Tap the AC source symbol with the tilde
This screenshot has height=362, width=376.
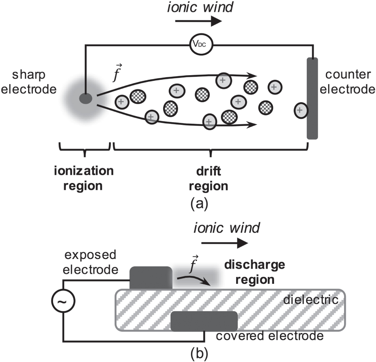[64, 301]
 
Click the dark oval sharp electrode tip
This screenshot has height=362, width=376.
[86, 98]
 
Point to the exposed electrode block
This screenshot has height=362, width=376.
[151, 278]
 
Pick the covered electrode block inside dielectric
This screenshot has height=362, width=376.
[204, 321]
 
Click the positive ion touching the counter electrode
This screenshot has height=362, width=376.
[300, 110]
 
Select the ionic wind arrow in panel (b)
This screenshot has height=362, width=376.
[225, 244]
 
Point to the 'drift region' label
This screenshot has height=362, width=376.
[211, 178]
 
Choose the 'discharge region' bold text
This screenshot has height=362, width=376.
[254, 273]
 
